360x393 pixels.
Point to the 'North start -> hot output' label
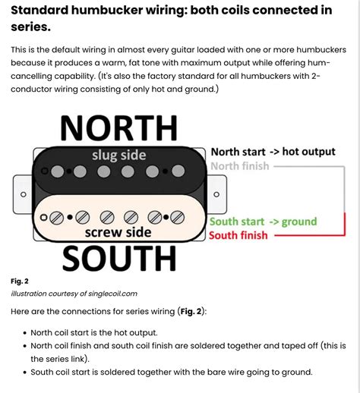[x=273, y=152]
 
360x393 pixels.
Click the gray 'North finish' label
[x=239, y=165]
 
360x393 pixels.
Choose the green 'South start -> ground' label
[x=263, y=222]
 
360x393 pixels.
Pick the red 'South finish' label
[x=238, y=236]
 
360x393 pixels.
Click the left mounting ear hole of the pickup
[x=24, y=194]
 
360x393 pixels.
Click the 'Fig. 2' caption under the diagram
[x=20, y=281]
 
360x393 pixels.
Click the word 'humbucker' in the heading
[x=104, y=11]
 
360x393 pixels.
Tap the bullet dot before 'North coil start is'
[x=25, y=332]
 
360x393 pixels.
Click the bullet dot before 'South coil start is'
[x=25, y=372]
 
